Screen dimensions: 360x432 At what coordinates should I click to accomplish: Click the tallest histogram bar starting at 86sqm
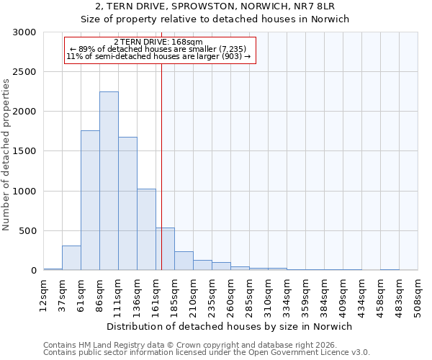[109, 181]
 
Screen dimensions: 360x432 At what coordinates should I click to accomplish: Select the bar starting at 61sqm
[90, 200]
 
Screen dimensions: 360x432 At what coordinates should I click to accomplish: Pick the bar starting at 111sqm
[127, 204]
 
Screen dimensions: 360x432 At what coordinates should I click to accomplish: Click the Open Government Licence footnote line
[207, 352]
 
